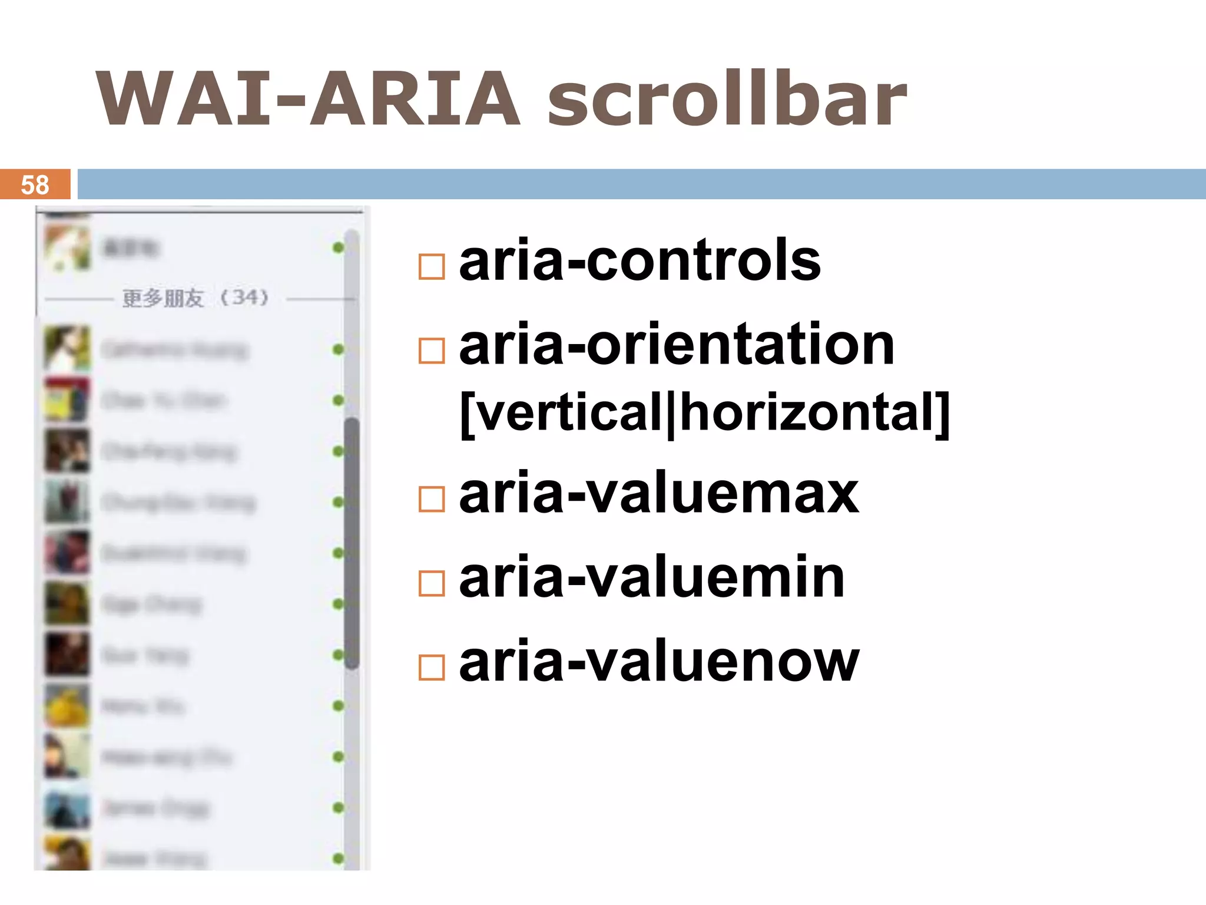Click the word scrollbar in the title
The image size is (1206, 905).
tap(727, 99)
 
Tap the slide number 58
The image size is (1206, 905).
tap(35, 185)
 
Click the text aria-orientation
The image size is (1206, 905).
tap(677, 345)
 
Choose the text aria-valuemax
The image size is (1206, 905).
tap(659, 494)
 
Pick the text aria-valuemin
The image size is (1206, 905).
tap(652, 578)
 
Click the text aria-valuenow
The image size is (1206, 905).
tap(659, 662)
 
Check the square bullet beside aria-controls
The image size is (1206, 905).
tap(432, 267)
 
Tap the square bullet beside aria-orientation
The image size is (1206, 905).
tap(432, 351)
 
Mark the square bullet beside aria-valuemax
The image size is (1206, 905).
tap(432, 500)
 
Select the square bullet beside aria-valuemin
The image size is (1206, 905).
tap(432, 584)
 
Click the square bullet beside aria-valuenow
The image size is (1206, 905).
tap(432, 668)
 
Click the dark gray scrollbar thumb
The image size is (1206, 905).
tap(352, 542)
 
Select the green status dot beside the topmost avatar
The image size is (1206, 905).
tap(338, 247)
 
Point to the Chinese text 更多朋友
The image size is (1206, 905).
tap(163, 298)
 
